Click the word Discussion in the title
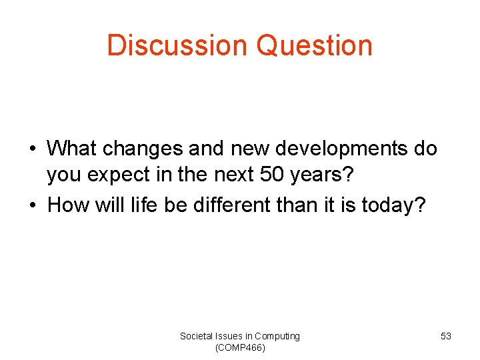tap(177, 45)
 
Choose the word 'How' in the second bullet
tap(66, 205)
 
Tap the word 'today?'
tap(397, 205)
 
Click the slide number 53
tap(446, 337)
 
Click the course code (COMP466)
tap(240, 347)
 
